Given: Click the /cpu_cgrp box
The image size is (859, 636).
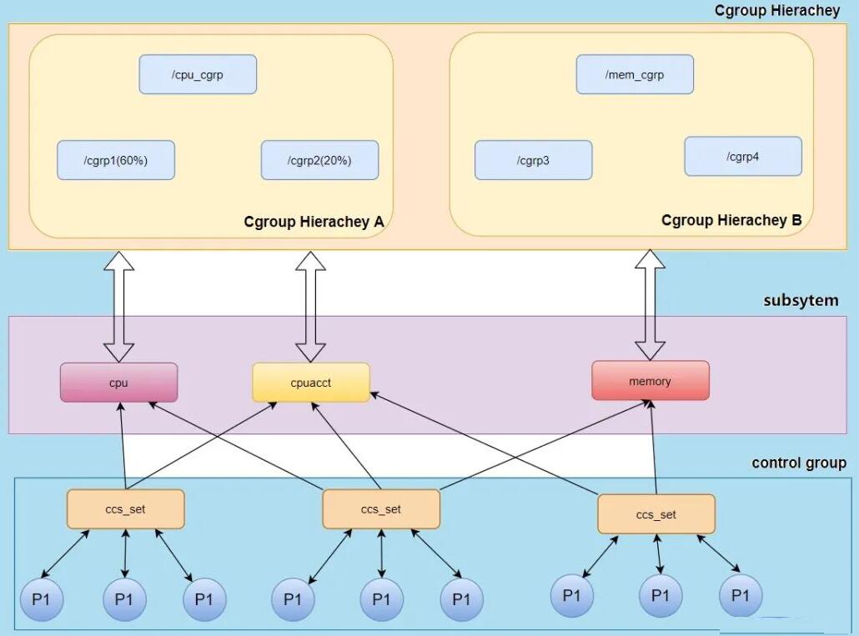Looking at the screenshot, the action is [198, 74].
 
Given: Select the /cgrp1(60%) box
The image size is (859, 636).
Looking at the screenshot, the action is [116, 160].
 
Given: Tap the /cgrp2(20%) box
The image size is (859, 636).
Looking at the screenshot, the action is [320, 160].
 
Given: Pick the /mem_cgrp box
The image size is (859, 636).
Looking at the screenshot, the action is [635, 74].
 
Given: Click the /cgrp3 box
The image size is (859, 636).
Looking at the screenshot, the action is [534, 160].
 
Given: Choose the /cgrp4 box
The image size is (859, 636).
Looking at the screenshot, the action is [743, 157].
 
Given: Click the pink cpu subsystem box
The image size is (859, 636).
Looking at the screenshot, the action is [119, 383].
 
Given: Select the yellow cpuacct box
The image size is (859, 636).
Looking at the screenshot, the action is [311, 383].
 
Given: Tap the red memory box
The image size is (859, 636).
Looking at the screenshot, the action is [651, 380].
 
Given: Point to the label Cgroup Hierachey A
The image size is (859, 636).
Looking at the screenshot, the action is [314, 222].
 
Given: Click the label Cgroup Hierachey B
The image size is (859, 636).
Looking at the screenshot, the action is [731, 220].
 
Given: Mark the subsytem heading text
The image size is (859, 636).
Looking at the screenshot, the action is [801, 300].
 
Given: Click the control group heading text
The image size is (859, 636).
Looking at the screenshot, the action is [799, 463].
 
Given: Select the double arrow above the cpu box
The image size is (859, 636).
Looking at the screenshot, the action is [119, 307].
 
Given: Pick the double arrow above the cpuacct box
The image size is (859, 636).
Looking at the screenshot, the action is [310, 307].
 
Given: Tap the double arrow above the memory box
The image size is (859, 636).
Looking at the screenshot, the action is [651, 305].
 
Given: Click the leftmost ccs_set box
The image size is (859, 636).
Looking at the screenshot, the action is [126, 509].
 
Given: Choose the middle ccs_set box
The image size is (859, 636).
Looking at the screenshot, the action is [381, 509].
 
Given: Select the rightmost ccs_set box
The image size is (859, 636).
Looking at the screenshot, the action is [656, 514].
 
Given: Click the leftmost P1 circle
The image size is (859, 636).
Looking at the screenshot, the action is [42, 599].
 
